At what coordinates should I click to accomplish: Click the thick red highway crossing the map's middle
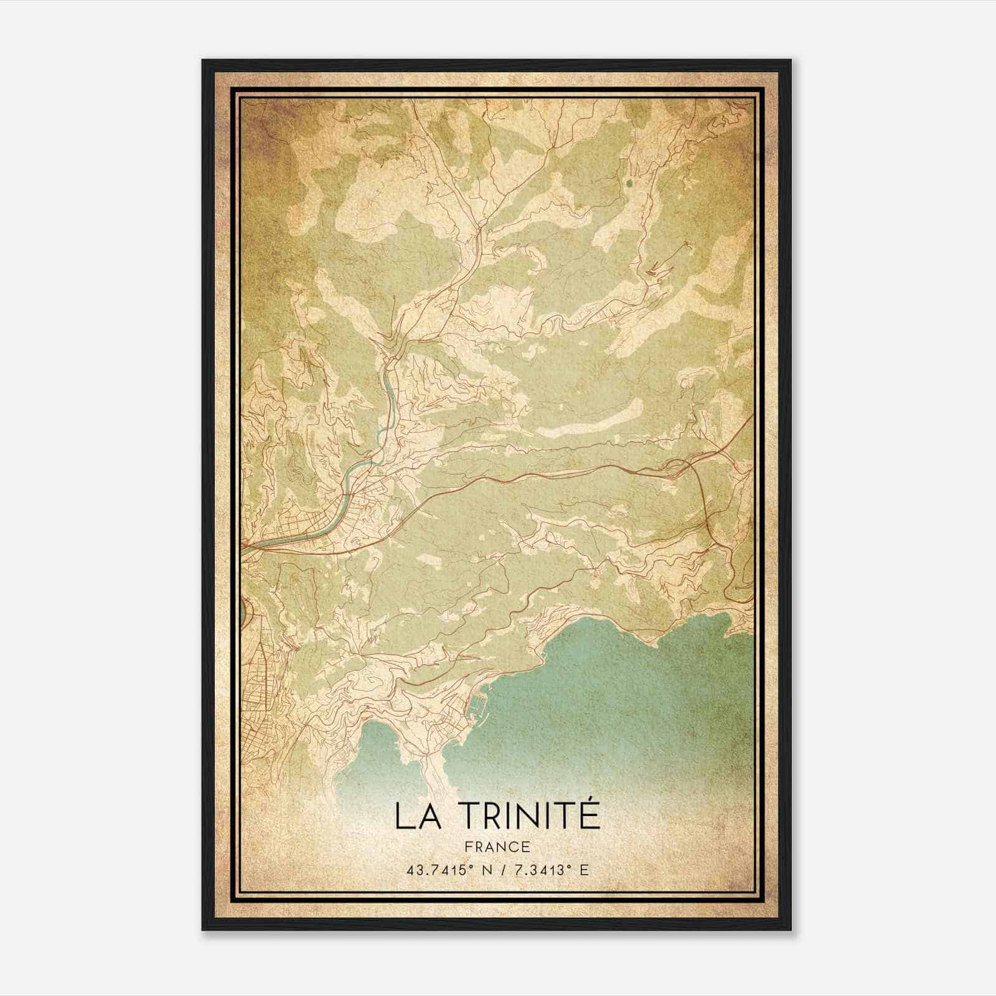[x=529, y=476]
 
